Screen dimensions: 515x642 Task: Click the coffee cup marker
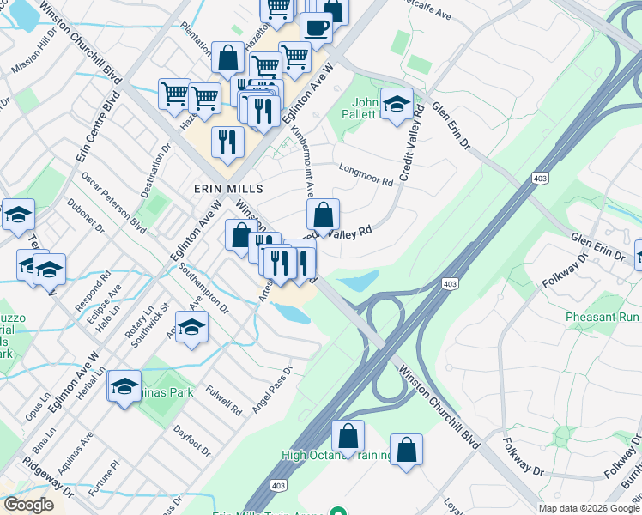[315, 27]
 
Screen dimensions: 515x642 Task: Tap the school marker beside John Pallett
[397, 105]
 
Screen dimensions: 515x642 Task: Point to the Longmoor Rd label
[366, 174]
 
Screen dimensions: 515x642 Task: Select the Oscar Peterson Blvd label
[114, 202]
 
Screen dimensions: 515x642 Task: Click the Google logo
[28, 505]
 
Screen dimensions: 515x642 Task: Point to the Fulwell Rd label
[224, 399]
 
